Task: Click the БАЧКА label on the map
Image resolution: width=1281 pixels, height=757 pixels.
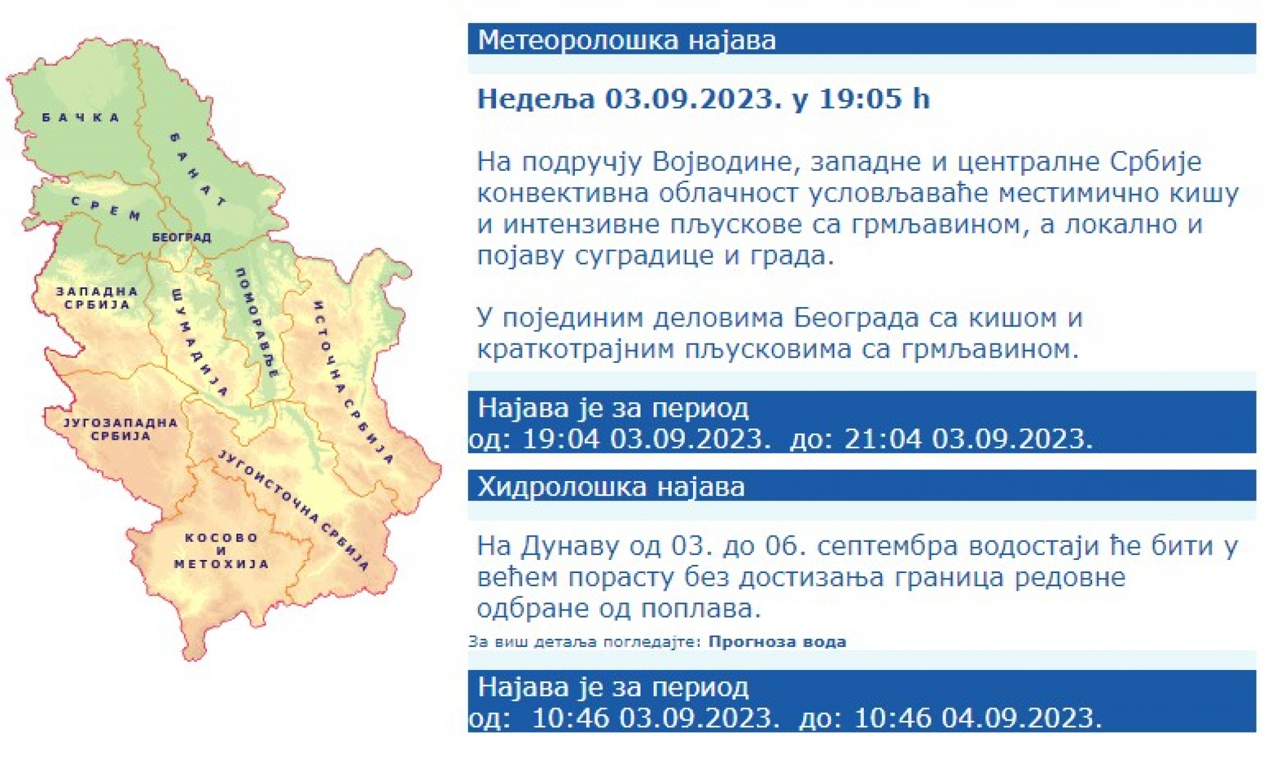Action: (x=81, y=117)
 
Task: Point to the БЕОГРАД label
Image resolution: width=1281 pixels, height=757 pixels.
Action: (x=181, y=238)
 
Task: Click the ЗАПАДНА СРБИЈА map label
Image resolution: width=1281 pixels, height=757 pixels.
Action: (x=97, y=298)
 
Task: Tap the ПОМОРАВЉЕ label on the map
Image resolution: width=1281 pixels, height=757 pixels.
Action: (x=256, y=323)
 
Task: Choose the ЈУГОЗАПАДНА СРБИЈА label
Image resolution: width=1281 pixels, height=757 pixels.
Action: (x=121, y=429)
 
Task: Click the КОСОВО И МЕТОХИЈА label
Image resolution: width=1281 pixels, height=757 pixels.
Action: (x=221, y=551)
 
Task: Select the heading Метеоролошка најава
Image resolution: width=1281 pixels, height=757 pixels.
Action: (x=627, y=39)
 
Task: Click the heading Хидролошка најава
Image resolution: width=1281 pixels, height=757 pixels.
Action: (x=611, y=486)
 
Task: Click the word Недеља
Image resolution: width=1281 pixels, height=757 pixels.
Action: (x=536, y=99)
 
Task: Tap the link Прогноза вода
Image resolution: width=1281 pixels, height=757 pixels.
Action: (x=777, y=642)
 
